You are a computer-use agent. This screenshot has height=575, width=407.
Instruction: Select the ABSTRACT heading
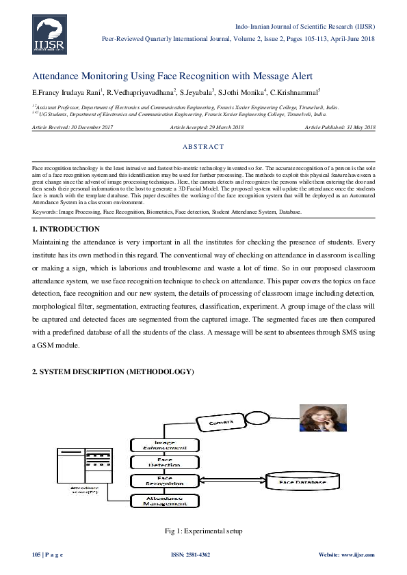tap(203, 147)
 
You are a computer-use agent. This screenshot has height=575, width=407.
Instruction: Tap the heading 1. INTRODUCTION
tap(66, 210)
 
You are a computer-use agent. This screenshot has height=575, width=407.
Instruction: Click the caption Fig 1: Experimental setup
tap(203, 531)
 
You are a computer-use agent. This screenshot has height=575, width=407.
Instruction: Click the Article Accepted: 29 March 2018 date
tap(206, 128)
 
